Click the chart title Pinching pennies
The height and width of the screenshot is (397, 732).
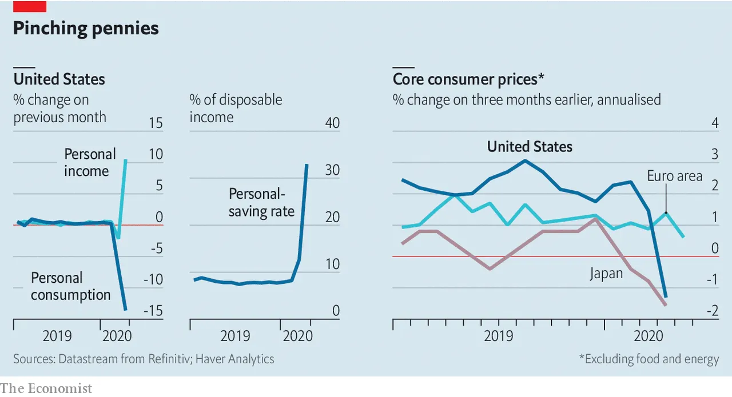coord(86,29)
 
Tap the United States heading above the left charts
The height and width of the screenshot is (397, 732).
coord(59,78)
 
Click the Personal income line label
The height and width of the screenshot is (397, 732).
coord(89,163)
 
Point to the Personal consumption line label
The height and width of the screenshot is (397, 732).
coord(70,286)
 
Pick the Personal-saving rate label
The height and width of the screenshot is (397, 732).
coord(261,202)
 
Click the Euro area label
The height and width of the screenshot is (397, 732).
coord(674,176)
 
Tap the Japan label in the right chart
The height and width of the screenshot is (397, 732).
coord(606,274)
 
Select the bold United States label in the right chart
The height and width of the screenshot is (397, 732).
coord(530,147)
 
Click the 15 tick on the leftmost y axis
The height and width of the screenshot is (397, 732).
coord(155,123)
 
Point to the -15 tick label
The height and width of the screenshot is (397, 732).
coord(152,311)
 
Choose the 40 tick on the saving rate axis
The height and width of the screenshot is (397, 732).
coord(332,123)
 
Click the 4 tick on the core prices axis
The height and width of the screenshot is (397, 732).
coord(714,123)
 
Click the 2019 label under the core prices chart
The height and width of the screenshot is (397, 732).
coord(499,335)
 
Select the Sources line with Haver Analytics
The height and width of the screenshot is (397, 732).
coord(144,359)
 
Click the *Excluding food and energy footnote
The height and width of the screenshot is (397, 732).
coord(649,359)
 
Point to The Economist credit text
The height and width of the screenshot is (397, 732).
coord(46,388)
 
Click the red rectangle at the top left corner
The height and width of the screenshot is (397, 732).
coord(30,6)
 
